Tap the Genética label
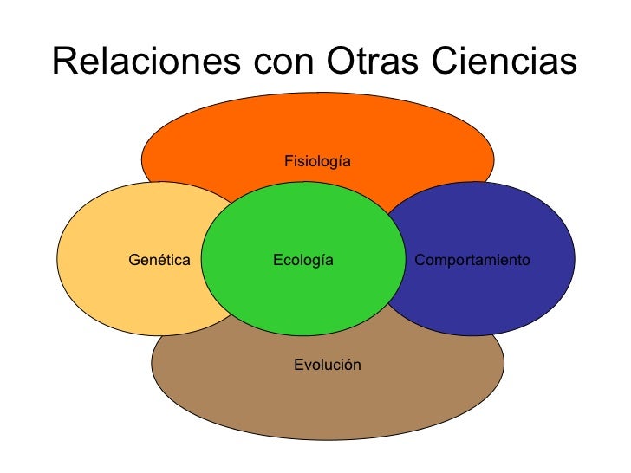(159, 259)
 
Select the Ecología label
(302, 259)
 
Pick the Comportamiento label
(472, 259)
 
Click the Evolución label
(327, 365)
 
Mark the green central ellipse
(302, 295)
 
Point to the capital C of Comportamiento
(420, 259)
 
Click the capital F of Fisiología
(288, 161)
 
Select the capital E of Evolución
(297, 365)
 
